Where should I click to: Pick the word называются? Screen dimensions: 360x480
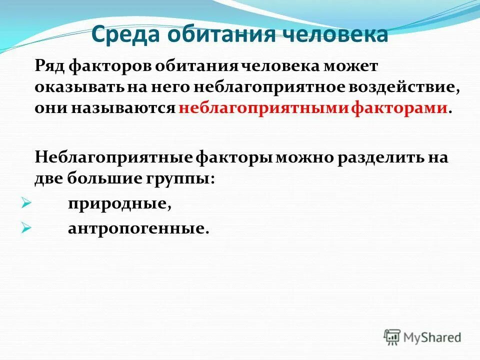pos(128,108)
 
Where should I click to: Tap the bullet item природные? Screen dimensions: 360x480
pos(115,204)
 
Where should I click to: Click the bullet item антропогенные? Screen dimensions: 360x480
pos(136,228)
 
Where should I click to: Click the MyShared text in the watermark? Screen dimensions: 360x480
pos(432,337)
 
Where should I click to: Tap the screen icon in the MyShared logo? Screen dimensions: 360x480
pos(392,337)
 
